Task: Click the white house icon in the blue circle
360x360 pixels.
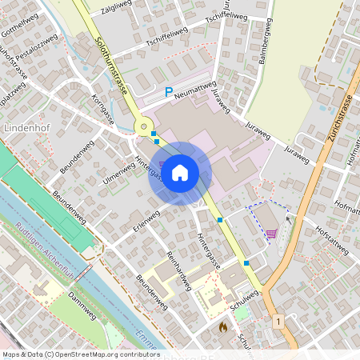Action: [x=180, y=172]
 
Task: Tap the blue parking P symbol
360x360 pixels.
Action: [x=168, y=92]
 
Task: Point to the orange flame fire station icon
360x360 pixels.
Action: [x=223, y=326]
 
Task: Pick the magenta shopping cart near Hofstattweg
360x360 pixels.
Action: [x=272, y=234]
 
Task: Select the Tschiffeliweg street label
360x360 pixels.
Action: [x=166, y=34]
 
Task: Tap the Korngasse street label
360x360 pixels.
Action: [x=104, y=110]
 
